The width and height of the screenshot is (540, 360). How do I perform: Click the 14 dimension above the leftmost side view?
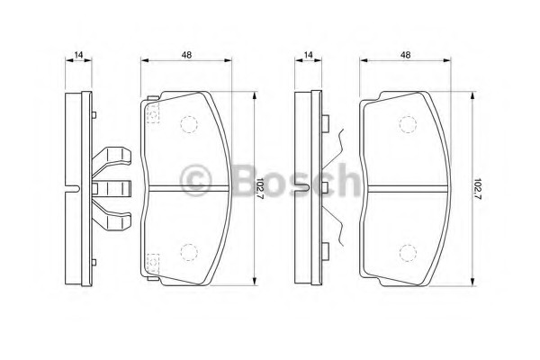tap(79, 54)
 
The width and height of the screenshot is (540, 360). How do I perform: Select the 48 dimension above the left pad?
tap(186, 54)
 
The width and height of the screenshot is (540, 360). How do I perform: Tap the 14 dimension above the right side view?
tap(309, 54)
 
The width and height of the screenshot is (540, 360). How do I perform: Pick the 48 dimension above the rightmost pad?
tap(406, 54)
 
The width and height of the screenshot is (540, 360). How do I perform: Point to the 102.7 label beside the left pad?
tap(260, 189)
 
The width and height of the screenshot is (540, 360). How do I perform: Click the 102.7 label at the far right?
tap(478, 189)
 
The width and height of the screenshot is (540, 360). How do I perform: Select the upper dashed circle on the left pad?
tap(189, 124)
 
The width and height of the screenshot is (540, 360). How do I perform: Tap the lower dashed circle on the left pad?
tap(189, 252)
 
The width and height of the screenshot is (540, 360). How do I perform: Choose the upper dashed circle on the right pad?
tap(408, 124)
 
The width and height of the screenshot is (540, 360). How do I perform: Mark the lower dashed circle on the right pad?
tap(408, 253)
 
